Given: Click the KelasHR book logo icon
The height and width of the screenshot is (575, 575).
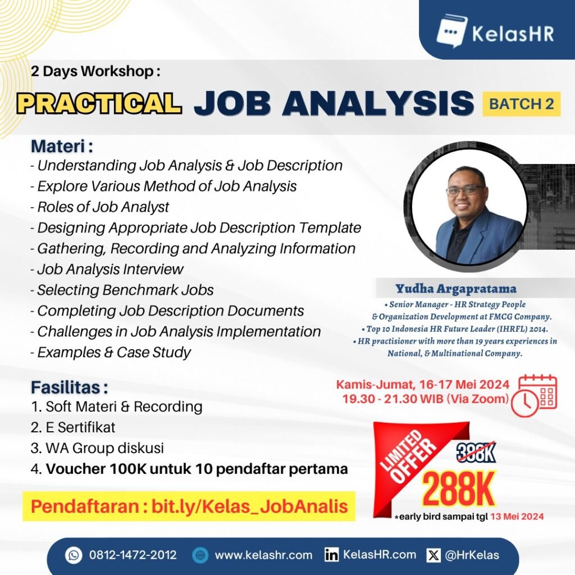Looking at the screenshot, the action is tap(451, 31).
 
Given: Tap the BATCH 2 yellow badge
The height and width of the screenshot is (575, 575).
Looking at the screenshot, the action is tap(521, 104).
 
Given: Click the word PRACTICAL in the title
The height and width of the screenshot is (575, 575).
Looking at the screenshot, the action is tap(99, 103).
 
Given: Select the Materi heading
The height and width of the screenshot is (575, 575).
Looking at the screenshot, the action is tap(62, 146).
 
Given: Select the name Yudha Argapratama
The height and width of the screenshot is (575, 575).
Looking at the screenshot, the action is tap(456, 289).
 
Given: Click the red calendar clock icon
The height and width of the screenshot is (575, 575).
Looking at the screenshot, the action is tap(534, 396).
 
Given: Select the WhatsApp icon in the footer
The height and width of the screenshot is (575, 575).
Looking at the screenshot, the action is tap(74, 555).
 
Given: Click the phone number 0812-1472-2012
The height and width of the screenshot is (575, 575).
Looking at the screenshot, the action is tap(133, 555).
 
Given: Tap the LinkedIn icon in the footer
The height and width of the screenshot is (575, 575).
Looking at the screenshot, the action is tap(331, 555).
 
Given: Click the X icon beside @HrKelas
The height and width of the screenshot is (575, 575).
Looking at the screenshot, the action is tap(433, 555).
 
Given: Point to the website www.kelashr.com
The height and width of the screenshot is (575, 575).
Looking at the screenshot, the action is tap(263, 555).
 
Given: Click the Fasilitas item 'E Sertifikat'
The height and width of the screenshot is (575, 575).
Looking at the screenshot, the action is tap(80, 427).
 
